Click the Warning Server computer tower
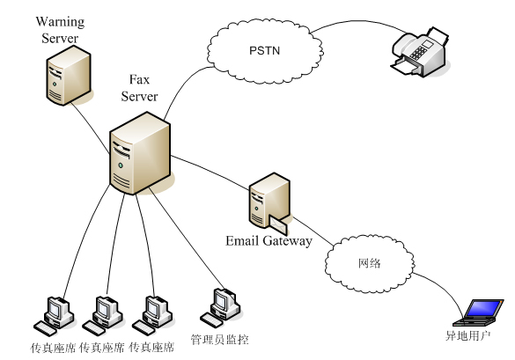click(69, 76)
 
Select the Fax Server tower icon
click(140, 153)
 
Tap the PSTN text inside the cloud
click(264, 50)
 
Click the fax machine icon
click(421, 53)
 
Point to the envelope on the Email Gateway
click(278, 224)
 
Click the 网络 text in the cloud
click(369, 263)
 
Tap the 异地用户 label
click(467, 335)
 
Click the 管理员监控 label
click(220, 339)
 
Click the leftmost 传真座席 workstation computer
click(54, 316)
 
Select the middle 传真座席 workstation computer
click(103, 316)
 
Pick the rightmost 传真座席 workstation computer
click(152, 316)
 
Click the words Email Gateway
click(269, 241)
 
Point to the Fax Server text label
click(139, 88)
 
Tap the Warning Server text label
click(60, 30)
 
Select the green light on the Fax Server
click(121, 165)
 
